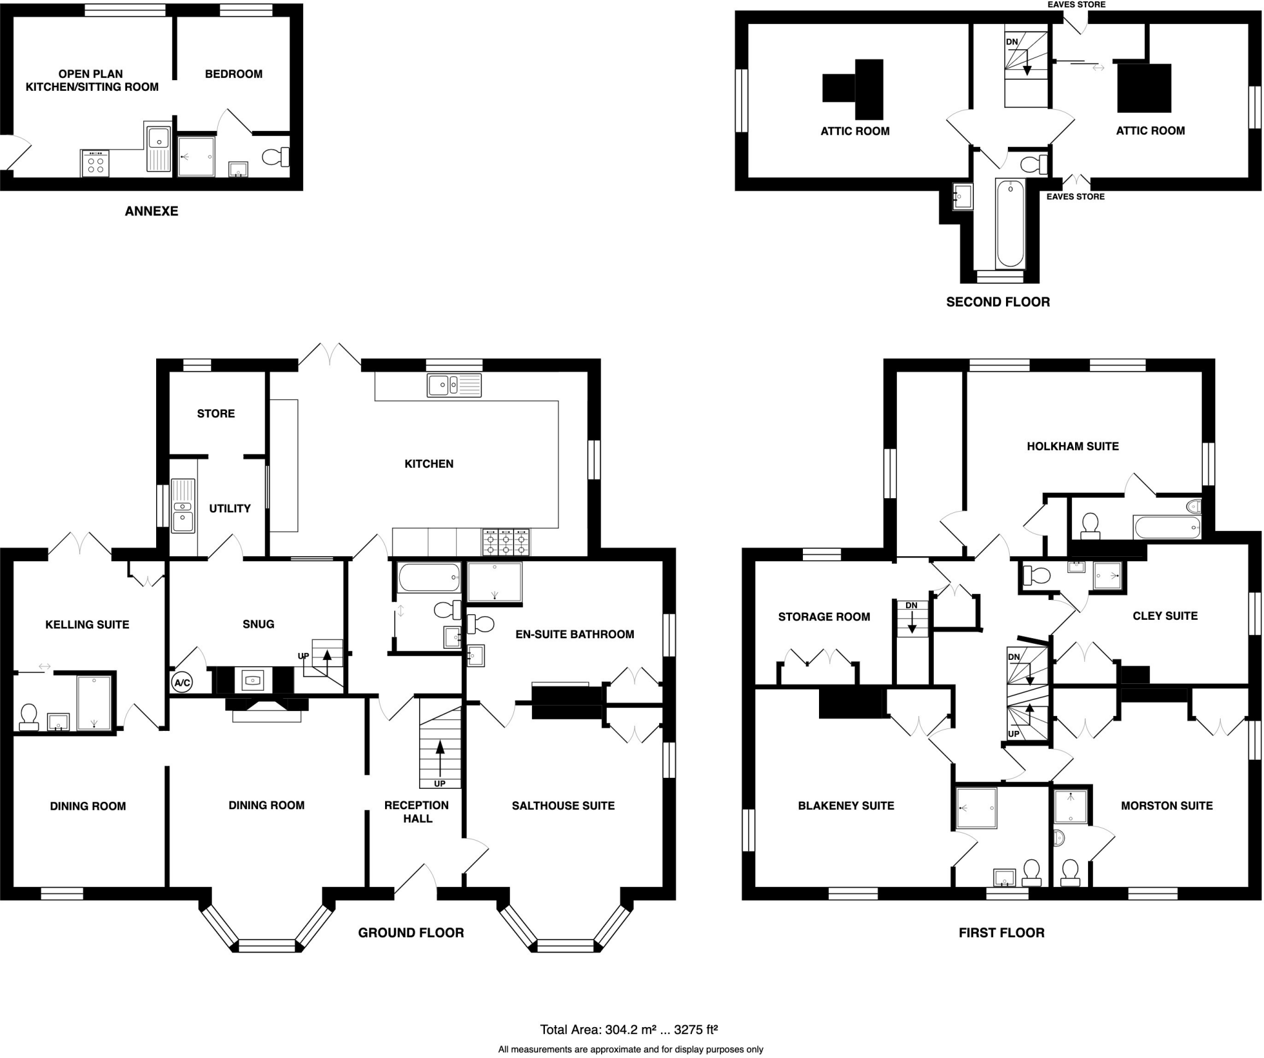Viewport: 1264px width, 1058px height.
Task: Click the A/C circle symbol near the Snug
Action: [182, 683]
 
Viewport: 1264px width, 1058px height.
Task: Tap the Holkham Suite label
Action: [1072, 446]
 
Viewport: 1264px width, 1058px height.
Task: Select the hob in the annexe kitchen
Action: [95, 163]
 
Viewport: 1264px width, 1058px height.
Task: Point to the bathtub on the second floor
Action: [1010, 223]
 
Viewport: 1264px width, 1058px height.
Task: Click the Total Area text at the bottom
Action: [629, 1030]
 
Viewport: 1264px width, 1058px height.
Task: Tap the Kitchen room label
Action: [429, 464]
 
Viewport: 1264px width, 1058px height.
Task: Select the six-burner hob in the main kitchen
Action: [505, 541]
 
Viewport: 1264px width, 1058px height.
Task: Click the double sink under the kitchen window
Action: [454, 385]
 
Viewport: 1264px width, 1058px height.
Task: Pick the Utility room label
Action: [230, 509]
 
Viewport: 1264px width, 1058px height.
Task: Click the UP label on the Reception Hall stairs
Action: [439, 784]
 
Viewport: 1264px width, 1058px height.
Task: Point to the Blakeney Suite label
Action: [846, 806]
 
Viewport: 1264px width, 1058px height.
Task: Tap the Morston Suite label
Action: [1166, 806]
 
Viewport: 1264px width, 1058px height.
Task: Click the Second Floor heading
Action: [997, 302]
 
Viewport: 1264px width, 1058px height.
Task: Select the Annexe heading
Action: [151, 211]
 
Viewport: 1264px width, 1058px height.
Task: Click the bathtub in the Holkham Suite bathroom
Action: [1166, 528]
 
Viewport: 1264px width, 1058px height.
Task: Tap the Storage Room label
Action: [824, 617]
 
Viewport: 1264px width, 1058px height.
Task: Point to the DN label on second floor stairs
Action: [1012, 42]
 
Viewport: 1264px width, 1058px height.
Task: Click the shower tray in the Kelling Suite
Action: [94, 703]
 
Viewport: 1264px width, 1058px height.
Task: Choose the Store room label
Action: [216, 414]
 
